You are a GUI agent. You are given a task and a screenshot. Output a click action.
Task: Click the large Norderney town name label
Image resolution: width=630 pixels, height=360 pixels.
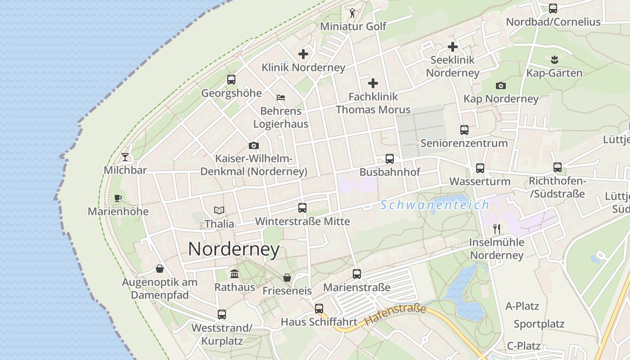234,249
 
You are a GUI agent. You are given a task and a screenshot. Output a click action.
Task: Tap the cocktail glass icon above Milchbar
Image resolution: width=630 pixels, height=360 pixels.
125,157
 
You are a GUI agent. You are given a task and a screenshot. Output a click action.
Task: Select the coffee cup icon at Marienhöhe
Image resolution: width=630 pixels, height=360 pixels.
118,198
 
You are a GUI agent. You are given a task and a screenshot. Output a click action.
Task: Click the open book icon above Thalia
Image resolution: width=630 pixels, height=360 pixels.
219,210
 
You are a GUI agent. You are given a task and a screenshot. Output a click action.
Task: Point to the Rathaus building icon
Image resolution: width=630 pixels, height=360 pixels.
234,274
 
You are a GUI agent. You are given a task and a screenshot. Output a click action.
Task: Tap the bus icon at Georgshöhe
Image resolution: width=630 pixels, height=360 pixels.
231,80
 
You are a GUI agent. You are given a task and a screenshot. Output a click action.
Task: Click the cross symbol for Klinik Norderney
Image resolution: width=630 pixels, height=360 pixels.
303,54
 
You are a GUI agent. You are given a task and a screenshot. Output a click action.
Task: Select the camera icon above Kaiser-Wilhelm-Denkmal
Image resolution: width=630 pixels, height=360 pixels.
254,145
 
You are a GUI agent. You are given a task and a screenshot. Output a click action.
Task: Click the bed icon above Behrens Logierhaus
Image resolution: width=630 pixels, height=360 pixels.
281,97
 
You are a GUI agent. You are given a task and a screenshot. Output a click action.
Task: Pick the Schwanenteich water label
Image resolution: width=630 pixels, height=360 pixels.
434,205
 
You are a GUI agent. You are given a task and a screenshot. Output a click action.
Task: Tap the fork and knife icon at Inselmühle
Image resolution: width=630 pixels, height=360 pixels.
497,229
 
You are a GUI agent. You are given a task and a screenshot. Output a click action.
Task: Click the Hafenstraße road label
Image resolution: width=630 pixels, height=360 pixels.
395,315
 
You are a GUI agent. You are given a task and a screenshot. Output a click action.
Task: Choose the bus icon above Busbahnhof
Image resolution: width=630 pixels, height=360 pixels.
390,159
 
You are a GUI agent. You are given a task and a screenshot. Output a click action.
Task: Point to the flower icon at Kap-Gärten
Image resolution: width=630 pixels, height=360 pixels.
554,59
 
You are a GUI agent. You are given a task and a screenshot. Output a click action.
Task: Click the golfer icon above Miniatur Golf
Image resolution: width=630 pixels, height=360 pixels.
352,13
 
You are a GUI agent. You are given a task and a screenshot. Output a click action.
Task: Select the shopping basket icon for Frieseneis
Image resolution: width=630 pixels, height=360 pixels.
287,278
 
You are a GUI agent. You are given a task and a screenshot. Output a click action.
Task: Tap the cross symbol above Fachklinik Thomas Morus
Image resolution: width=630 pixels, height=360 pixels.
373,83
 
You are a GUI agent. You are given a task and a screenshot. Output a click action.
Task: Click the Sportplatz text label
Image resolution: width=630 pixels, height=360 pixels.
539,324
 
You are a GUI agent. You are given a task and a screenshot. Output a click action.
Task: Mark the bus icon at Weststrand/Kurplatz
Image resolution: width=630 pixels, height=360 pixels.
222,315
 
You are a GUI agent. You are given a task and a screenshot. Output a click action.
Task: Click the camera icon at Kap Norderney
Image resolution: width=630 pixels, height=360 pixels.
500,85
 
